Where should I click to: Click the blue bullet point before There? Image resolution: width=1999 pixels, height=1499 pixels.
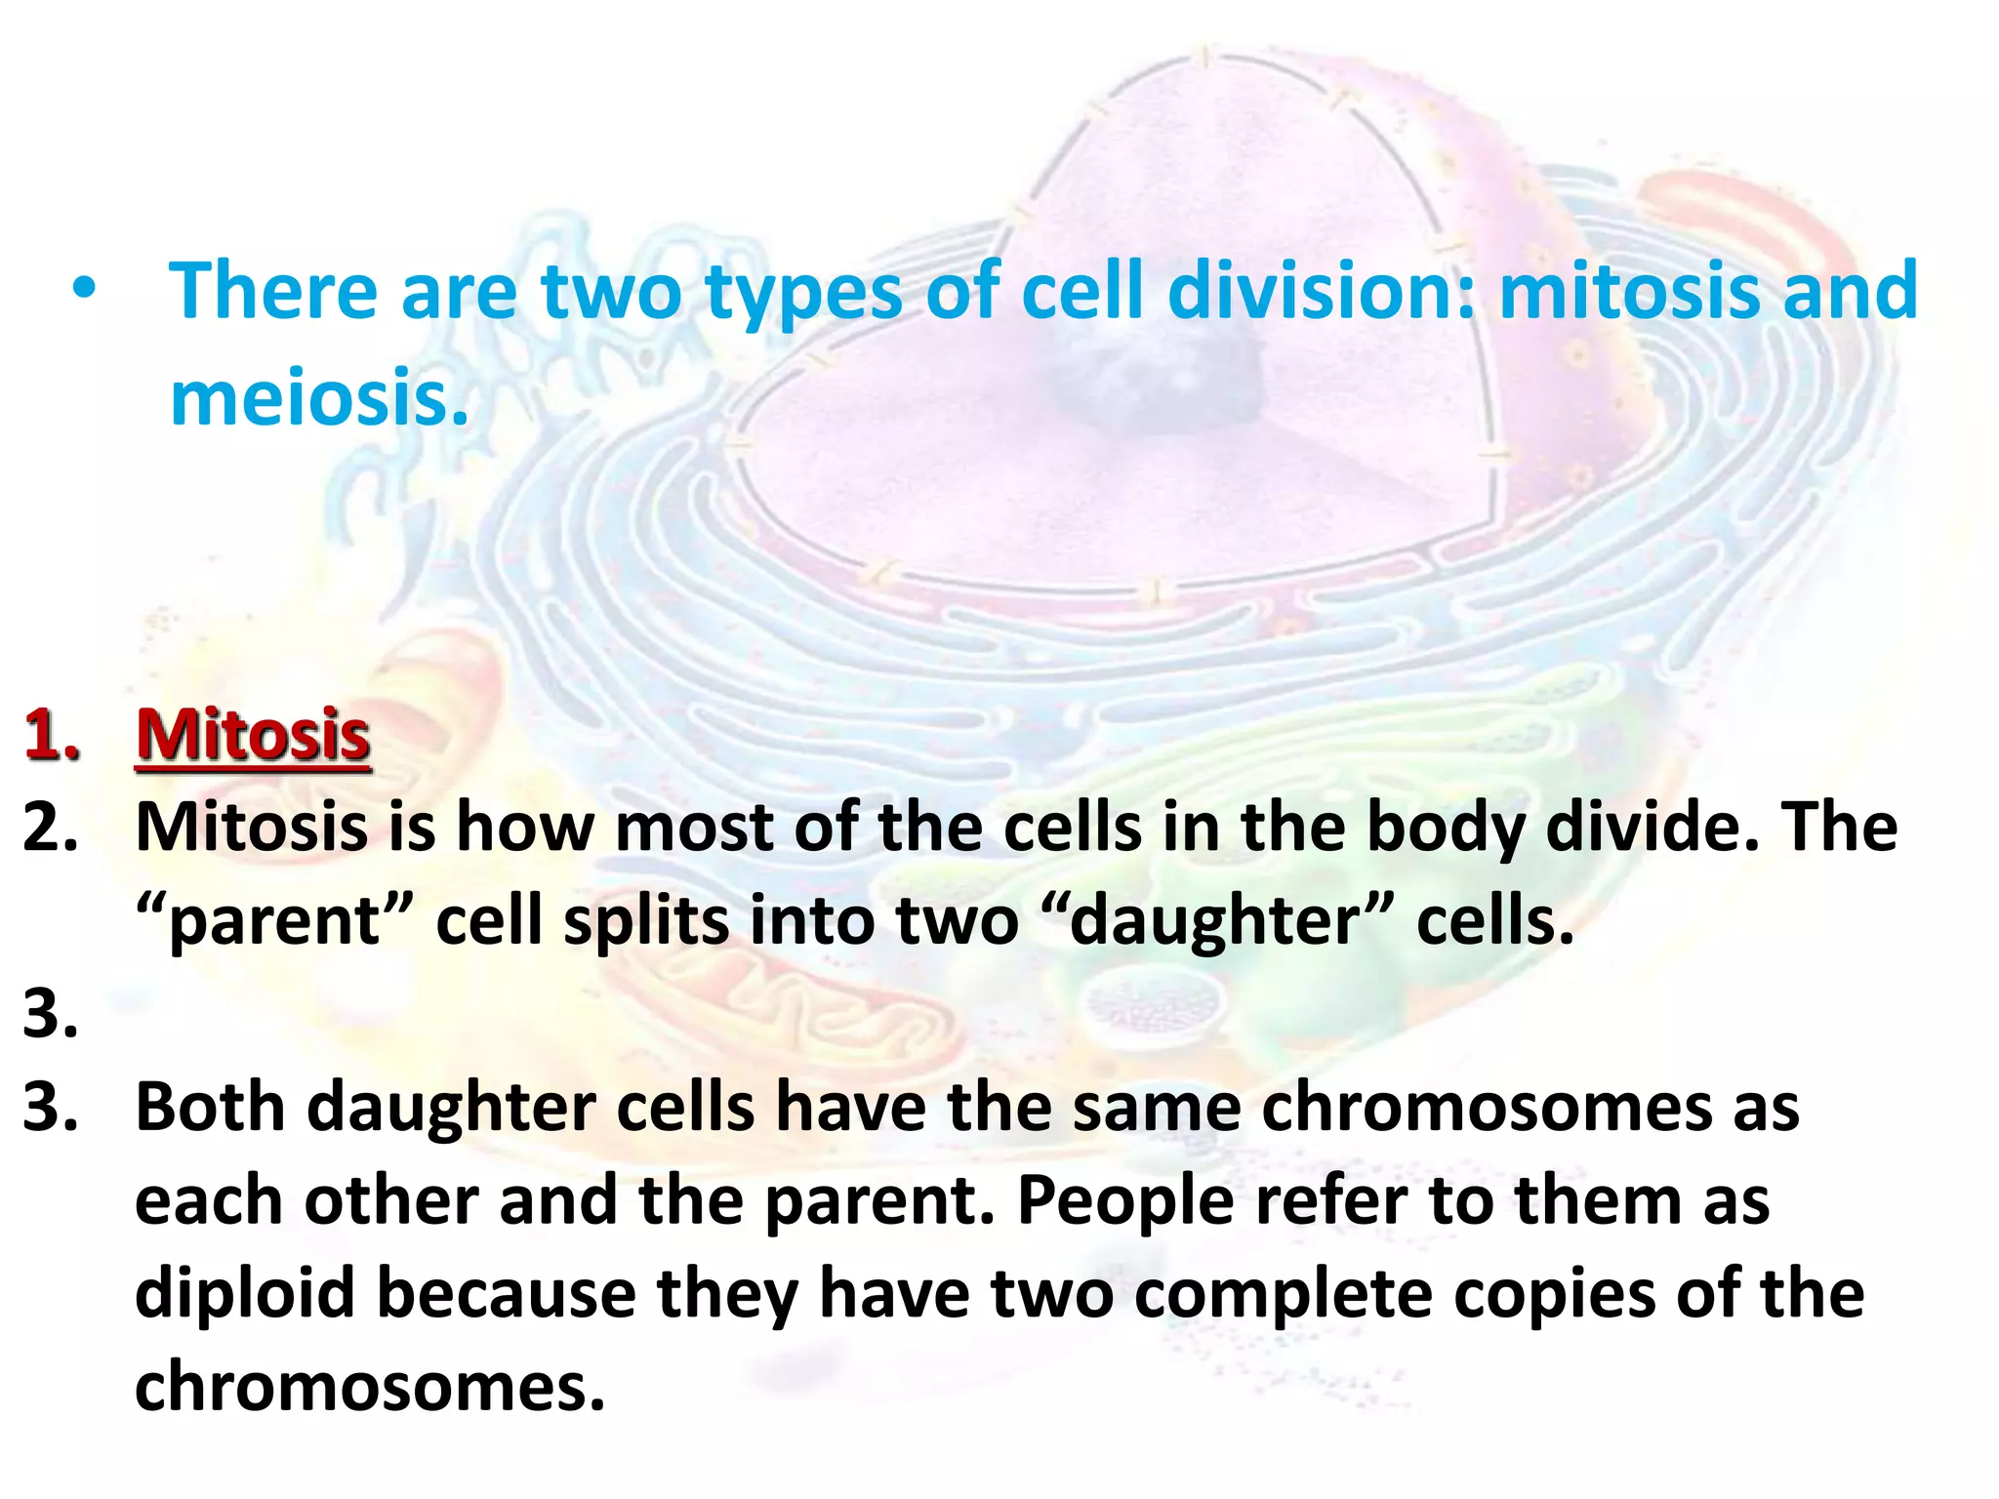pos(85,290)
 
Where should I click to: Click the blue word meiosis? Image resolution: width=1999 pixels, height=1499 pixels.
pos(319,398)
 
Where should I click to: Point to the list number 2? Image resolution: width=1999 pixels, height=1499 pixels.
pos(51,827)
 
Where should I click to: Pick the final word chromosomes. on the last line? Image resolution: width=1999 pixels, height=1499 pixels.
pos(370,1387)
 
